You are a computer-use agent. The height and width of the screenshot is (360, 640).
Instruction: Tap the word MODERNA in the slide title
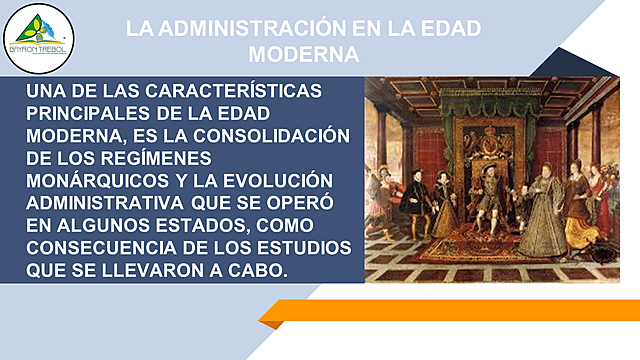[x=305, y=53]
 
